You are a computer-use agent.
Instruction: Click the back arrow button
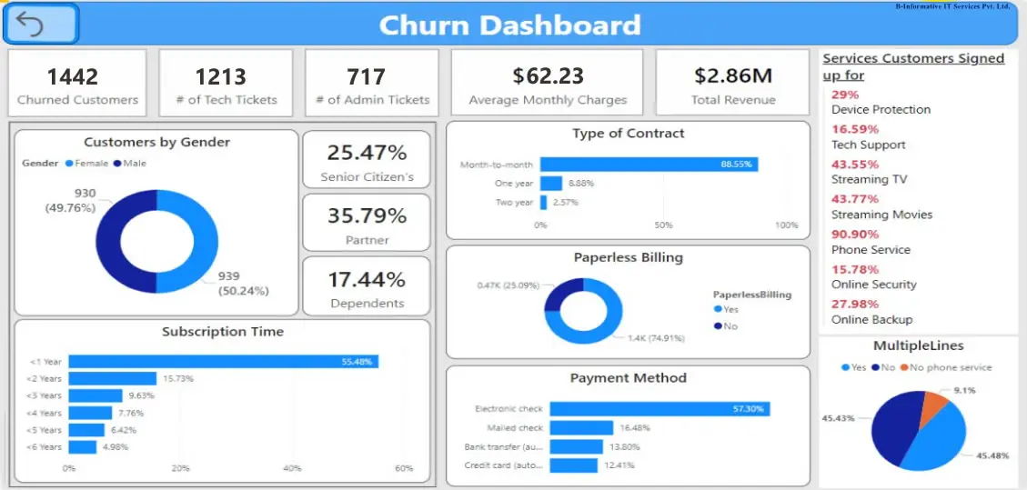tap(41, 24)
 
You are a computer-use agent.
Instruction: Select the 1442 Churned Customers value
tap(73, 76)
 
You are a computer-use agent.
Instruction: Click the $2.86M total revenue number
tap(733, 76)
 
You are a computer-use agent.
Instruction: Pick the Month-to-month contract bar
tap(649, 165)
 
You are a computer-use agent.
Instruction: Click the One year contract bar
tap(551, 183)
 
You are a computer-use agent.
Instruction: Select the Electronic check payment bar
tap(659, 409)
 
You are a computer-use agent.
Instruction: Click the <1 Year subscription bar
tap(223, 362)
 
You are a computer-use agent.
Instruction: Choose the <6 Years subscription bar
tap(82, 447)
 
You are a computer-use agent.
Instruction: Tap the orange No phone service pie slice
tap(932, 408)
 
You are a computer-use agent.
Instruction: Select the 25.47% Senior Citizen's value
tap(366, 152)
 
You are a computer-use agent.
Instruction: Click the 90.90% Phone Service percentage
tap(854, 235)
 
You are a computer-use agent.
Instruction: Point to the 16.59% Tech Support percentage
tap(854, 129)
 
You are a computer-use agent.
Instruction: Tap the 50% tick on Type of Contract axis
tap(663, 225)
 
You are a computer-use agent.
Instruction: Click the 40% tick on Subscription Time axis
tap(292, 468)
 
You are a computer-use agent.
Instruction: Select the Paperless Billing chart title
tap(628, 257)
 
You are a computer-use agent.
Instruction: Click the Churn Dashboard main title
tap(509, 25)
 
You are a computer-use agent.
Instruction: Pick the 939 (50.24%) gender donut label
tap(243, 284)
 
